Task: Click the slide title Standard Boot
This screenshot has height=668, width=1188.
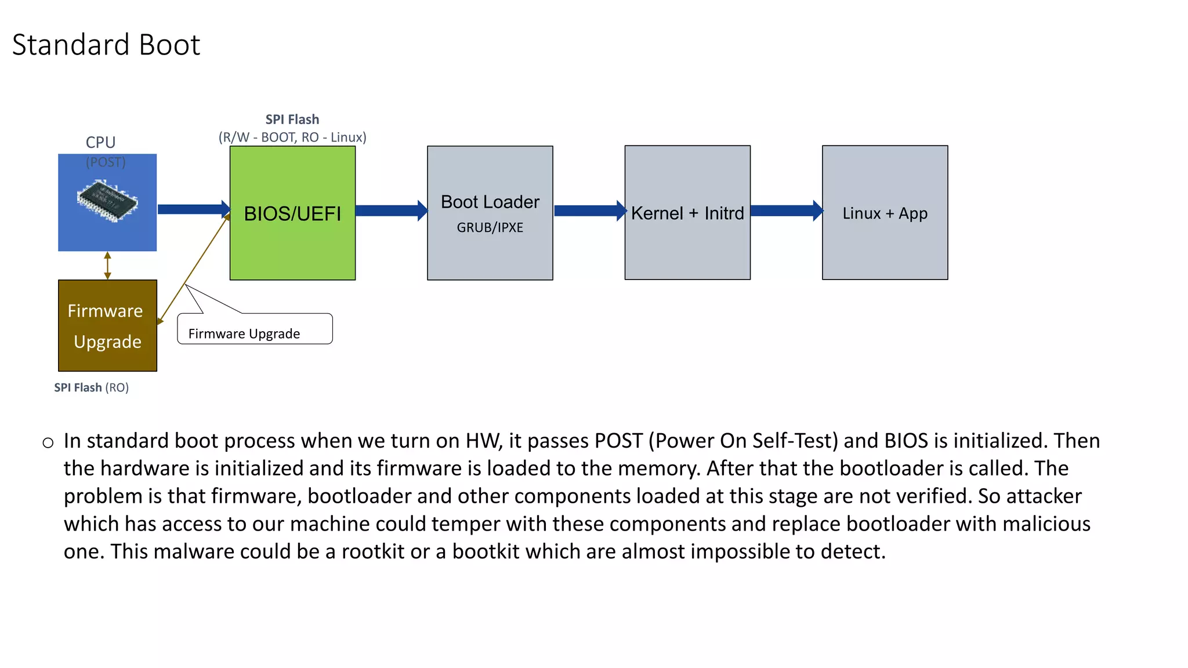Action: pyautogui.click(x=106, y=45)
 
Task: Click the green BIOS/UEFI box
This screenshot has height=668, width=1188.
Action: pyautogui.click(x=292, y=244)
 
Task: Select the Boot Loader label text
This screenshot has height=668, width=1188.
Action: pyautogui.click(x=490, y=202)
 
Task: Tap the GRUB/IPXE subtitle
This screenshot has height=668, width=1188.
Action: pyautogui.click(x=490, y=227)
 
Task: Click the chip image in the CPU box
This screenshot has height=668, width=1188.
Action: pyautogui.click(x=108, y=201)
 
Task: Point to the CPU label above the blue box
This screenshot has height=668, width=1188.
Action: pyautogui.click(x=100, y=142)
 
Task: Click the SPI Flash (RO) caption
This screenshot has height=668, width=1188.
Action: pyautogui.click(x=91, y=387)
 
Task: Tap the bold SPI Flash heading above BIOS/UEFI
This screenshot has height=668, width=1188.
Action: pyautogui.click(x=292, y=119)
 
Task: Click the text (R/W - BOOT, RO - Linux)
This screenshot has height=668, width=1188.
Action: pyautogui.click(x=292, y=137)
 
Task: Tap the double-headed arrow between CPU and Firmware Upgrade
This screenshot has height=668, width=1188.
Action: pyautogui.click(x=107, y=266)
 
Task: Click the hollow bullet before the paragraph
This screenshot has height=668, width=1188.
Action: pyautogui.click(x=48, y=444)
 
